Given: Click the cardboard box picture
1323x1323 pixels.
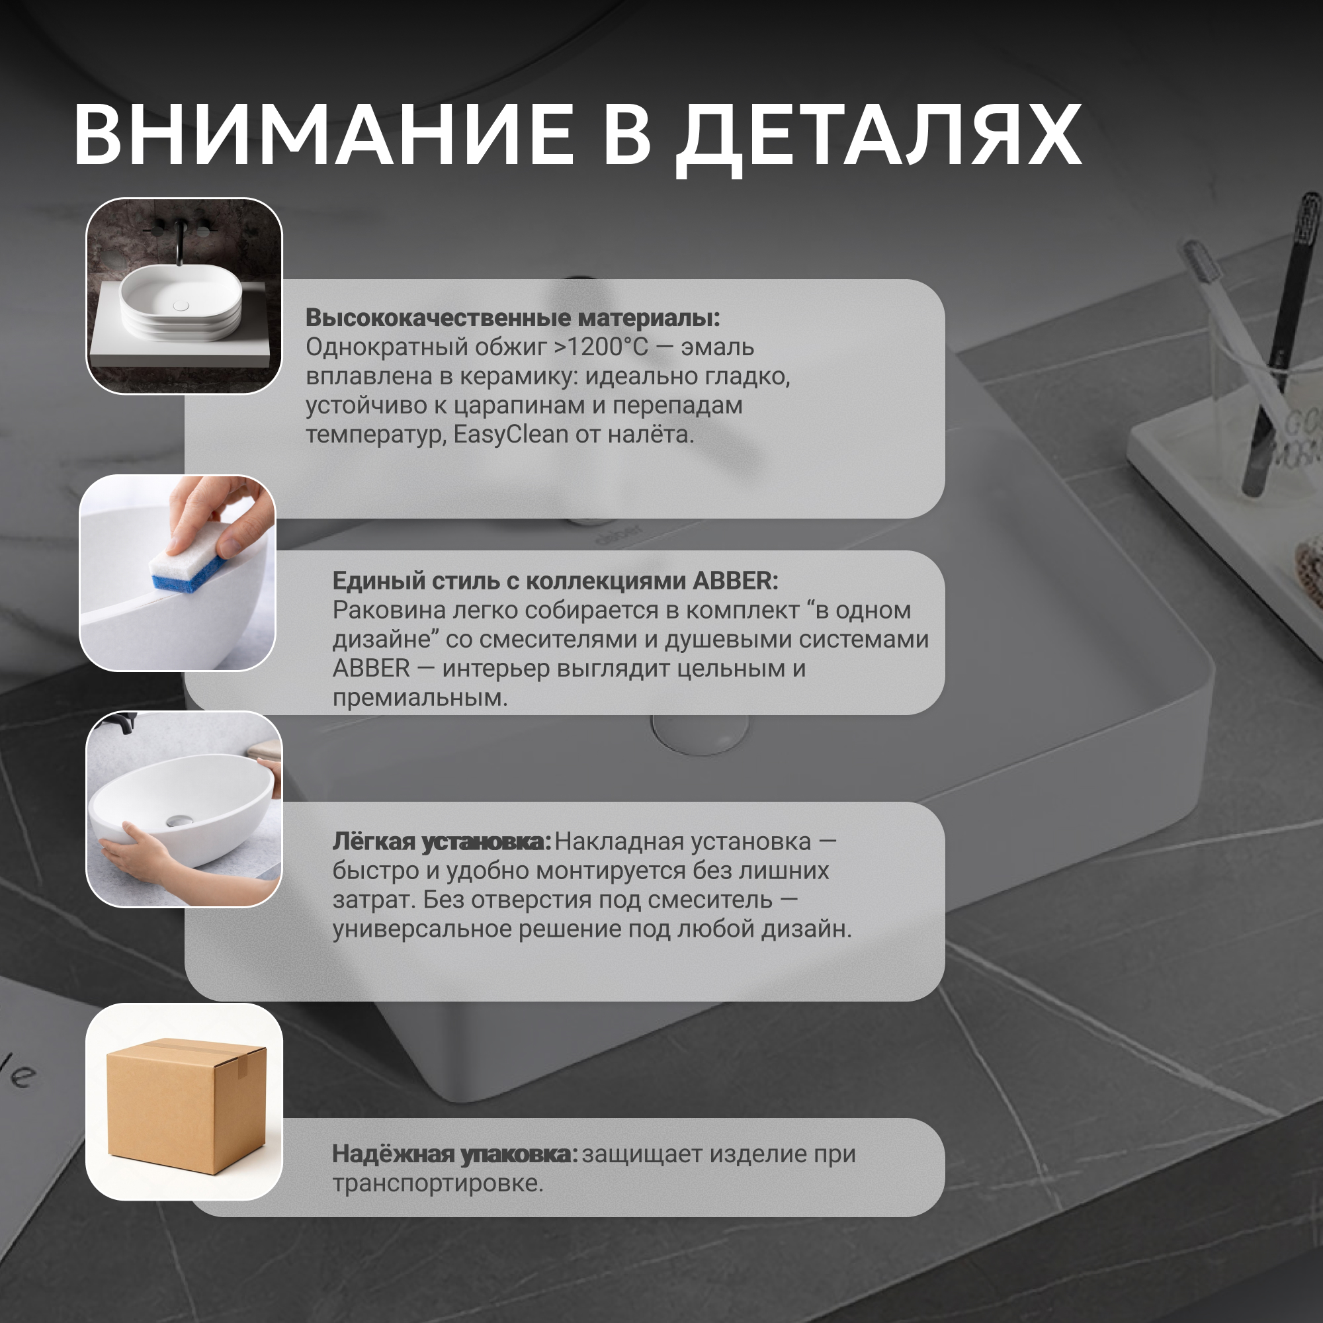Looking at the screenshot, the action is tap(187, 1105).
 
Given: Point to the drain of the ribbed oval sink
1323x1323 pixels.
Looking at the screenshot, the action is tap(181, 306).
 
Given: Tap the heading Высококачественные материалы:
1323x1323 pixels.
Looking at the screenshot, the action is tap(513, 318).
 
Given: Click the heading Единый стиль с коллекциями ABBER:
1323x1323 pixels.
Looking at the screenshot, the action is tap(556, 581).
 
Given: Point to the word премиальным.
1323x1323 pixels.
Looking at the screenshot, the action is tap(421, 698).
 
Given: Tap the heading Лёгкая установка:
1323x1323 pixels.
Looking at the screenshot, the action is tap(442, 841).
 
